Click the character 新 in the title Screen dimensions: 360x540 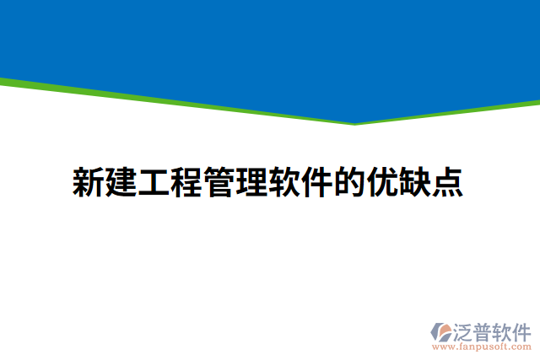click(88, 182)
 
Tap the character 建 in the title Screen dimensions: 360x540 click(121, 182)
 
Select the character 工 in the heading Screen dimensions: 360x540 click(153, 182)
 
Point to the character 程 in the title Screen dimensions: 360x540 click(186, 182)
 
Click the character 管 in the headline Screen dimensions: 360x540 click(219, 182)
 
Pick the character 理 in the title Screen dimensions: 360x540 click(251, 182)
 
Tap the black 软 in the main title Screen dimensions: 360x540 click(283, 182)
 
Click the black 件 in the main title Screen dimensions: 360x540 click(316, 182)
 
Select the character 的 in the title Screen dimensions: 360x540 click(348, 182)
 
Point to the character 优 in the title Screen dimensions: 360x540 click(381, 182)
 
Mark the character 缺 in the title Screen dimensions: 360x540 click(414, 182)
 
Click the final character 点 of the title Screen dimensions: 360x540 click(446, 182)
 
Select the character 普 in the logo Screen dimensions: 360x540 click(487, 330)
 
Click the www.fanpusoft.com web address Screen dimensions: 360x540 click(482, 347)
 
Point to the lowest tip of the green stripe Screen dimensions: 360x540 click(354, 123)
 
